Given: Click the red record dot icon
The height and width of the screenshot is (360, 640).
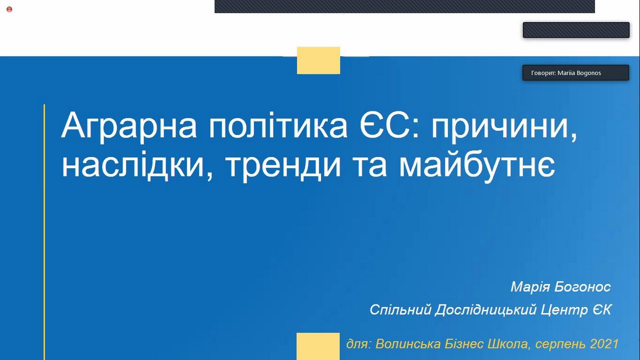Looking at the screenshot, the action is pyautogui.click(x=9, y=9).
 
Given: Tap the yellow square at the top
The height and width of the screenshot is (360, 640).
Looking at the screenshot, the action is pyautogui.click(x=318, y=60).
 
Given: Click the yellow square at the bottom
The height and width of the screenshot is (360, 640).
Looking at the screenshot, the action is pyautogui.click(x=318, y=346).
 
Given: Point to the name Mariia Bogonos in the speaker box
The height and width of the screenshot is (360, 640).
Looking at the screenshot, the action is pyautogui.click(x=579, y=73).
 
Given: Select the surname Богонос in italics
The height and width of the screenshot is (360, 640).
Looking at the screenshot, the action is pyautogui.click(x=582, y=287).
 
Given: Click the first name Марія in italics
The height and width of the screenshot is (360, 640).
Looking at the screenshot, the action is pyautogui.click(x=530, y=287).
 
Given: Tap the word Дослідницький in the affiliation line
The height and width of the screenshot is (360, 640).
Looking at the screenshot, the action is pyautogui.click(x=485, y=310).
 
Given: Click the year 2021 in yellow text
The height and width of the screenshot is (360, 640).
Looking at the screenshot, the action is pyautogui.click(x=604, y=343).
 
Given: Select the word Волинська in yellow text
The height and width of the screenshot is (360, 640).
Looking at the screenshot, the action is pyautogui.click(x=408, y=343).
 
